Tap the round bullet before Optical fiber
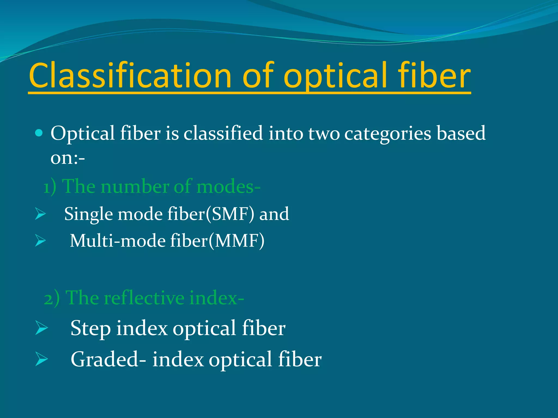(x=39, y=133)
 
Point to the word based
(x=461, y=133)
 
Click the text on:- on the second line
(x=68, y=158)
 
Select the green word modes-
(x=228, y=187)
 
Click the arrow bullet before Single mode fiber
(x=40, y=214)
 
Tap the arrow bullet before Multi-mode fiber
(x=40, y=241)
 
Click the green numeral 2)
(x=51, y=299)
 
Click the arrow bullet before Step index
(x=41, y=328)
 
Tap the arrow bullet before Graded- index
(x=41, y=359)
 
